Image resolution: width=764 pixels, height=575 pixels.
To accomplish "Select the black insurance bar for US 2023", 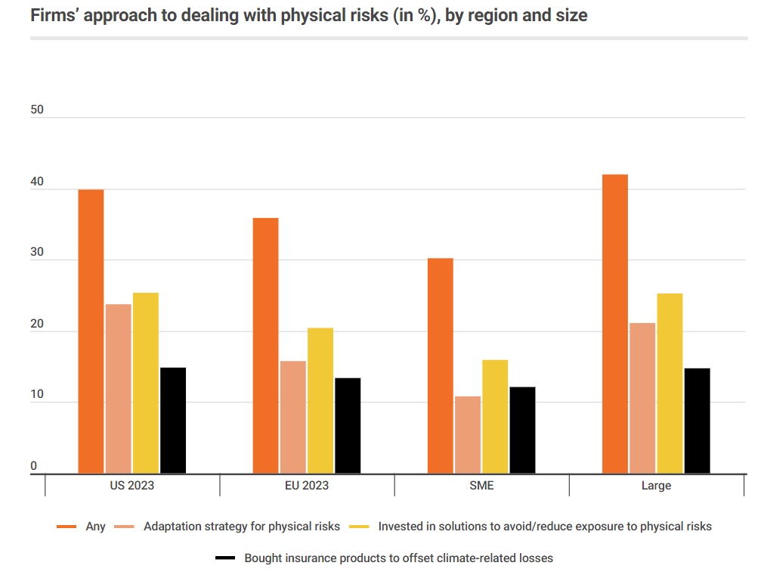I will pos(173,421).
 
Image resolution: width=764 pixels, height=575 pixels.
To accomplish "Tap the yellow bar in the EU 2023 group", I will pos(320,400).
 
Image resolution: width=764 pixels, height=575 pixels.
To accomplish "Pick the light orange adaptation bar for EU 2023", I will pos(292,417).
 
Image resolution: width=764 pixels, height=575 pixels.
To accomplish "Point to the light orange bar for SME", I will pos(468,434).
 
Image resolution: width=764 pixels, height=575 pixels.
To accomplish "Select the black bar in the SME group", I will pos(522,430).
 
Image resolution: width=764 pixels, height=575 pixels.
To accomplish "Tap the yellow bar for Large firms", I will pos(670,383).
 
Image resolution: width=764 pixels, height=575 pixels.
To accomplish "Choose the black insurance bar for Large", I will pos(697,421).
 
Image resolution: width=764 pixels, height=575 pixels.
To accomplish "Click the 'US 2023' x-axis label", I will pos(132,486).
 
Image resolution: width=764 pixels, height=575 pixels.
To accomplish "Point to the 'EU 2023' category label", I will pos(307,486).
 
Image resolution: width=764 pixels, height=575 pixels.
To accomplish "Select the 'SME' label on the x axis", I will pos(481,486).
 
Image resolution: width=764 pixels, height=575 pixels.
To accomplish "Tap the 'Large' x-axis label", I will pos(656,486).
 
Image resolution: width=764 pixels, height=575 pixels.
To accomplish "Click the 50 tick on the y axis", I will pos(37,110).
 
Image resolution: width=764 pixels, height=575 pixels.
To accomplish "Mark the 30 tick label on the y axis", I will pos(37,254).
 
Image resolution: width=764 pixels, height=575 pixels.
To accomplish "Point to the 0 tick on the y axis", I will pos(34,467).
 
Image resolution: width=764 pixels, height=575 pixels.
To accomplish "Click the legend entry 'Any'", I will pos(96,527).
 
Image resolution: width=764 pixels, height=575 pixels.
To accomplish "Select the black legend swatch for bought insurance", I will pos(225,558).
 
